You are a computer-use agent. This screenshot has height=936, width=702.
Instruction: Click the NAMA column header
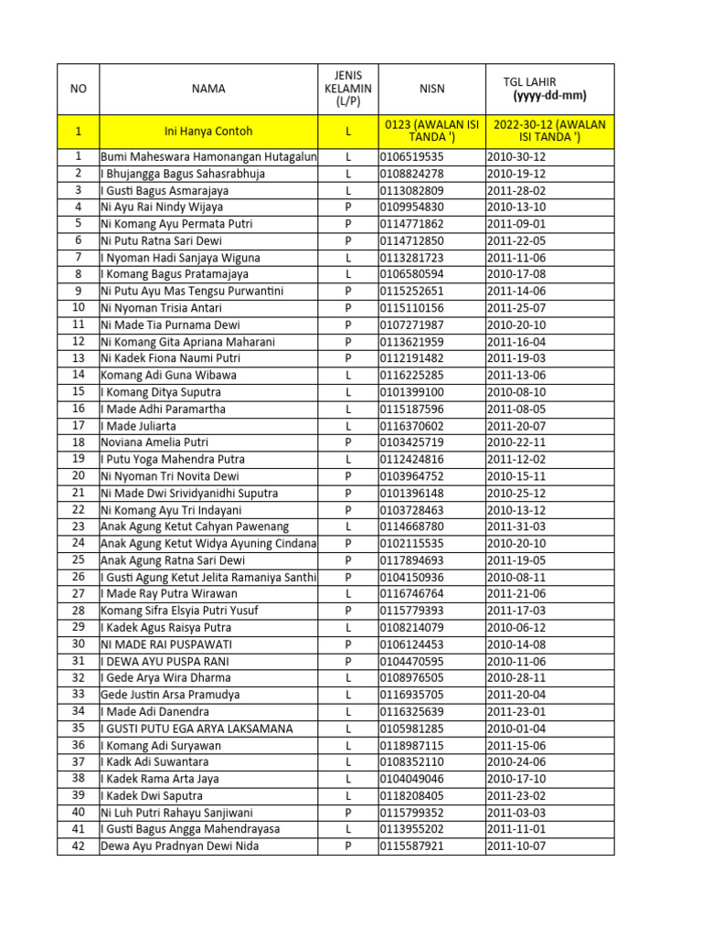tap(208, 89)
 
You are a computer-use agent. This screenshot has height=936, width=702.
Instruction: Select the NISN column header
tap(431, 89)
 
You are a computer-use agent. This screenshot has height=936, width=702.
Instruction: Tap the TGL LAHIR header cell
tap(549, 89)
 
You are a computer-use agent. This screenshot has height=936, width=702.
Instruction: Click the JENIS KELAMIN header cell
tap(348, 89)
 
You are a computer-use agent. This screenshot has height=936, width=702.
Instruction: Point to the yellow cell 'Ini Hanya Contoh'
tap(208, 132)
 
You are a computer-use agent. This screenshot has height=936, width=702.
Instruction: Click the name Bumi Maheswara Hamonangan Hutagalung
tap(208, 157)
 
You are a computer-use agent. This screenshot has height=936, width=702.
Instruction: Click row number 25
tap(78, 559)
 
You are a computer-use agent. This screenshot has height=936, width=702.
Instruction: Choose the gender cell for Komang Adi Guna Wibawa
tap(348, 375)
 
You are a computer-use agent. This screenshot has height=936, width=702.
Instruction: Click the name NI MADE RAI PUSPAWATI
tap(165, 644)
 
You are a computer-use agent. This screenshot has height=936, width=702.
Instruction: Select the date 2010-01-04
tap(517, 729)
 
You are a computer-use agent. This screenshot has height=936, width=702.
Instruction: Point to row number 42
tap(78, 846)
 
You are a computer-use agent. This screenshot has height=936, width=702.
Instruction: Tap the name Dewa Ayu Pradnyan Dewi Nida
tap(180, 846)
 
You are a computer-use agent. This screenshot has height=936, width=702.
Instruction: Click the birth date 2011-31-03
tap(517, 526)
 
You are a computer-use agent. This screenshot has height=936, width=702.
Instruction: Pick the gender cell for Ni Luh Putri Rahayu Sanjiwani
tap(348, 813)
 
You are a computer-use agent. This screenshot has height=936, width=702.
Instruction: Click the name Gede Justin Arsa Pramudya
tap(170, 695)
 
